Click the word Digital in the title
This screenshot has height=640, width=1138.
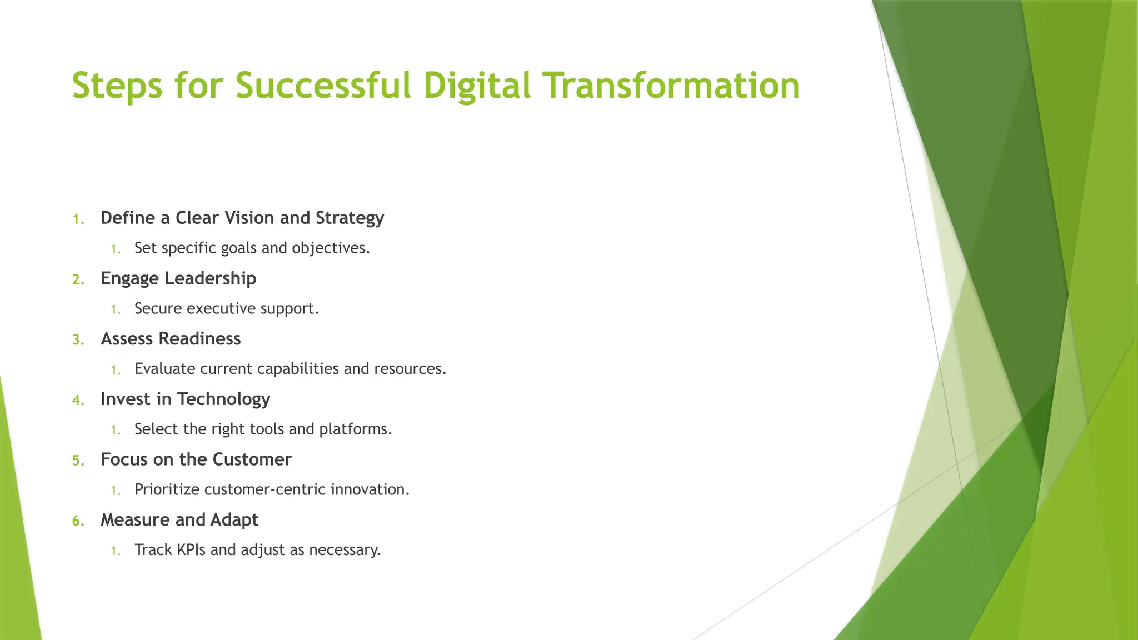(x=476, y=86)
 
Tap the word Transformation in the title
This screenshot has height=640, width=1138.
(x=671, y=86)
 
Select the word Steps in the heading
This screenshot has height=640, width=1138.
(x=117, y=86)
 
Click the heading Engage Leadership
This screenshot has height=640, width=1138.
(x=178, y=278)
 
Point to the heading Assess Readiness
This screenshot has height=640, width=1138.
(x=171, y=339)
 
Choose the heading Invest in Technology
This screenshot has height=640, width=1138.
(x=185, y=399)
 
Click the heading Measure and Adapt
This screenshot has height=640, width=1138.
(x=179, y=520)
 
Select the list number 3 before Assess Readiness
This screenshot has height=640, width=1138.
(x=78, y=339)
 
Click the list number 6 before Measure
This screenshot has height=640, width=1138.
(x=78, y=521)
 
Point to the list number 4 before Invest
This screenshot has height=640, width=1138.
(x=78, y=400)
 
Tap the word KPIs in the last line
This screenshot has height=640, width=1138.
(x=191, y=550)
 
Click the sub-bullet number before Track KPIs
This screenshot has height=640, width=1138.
(x=115, y=551)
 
